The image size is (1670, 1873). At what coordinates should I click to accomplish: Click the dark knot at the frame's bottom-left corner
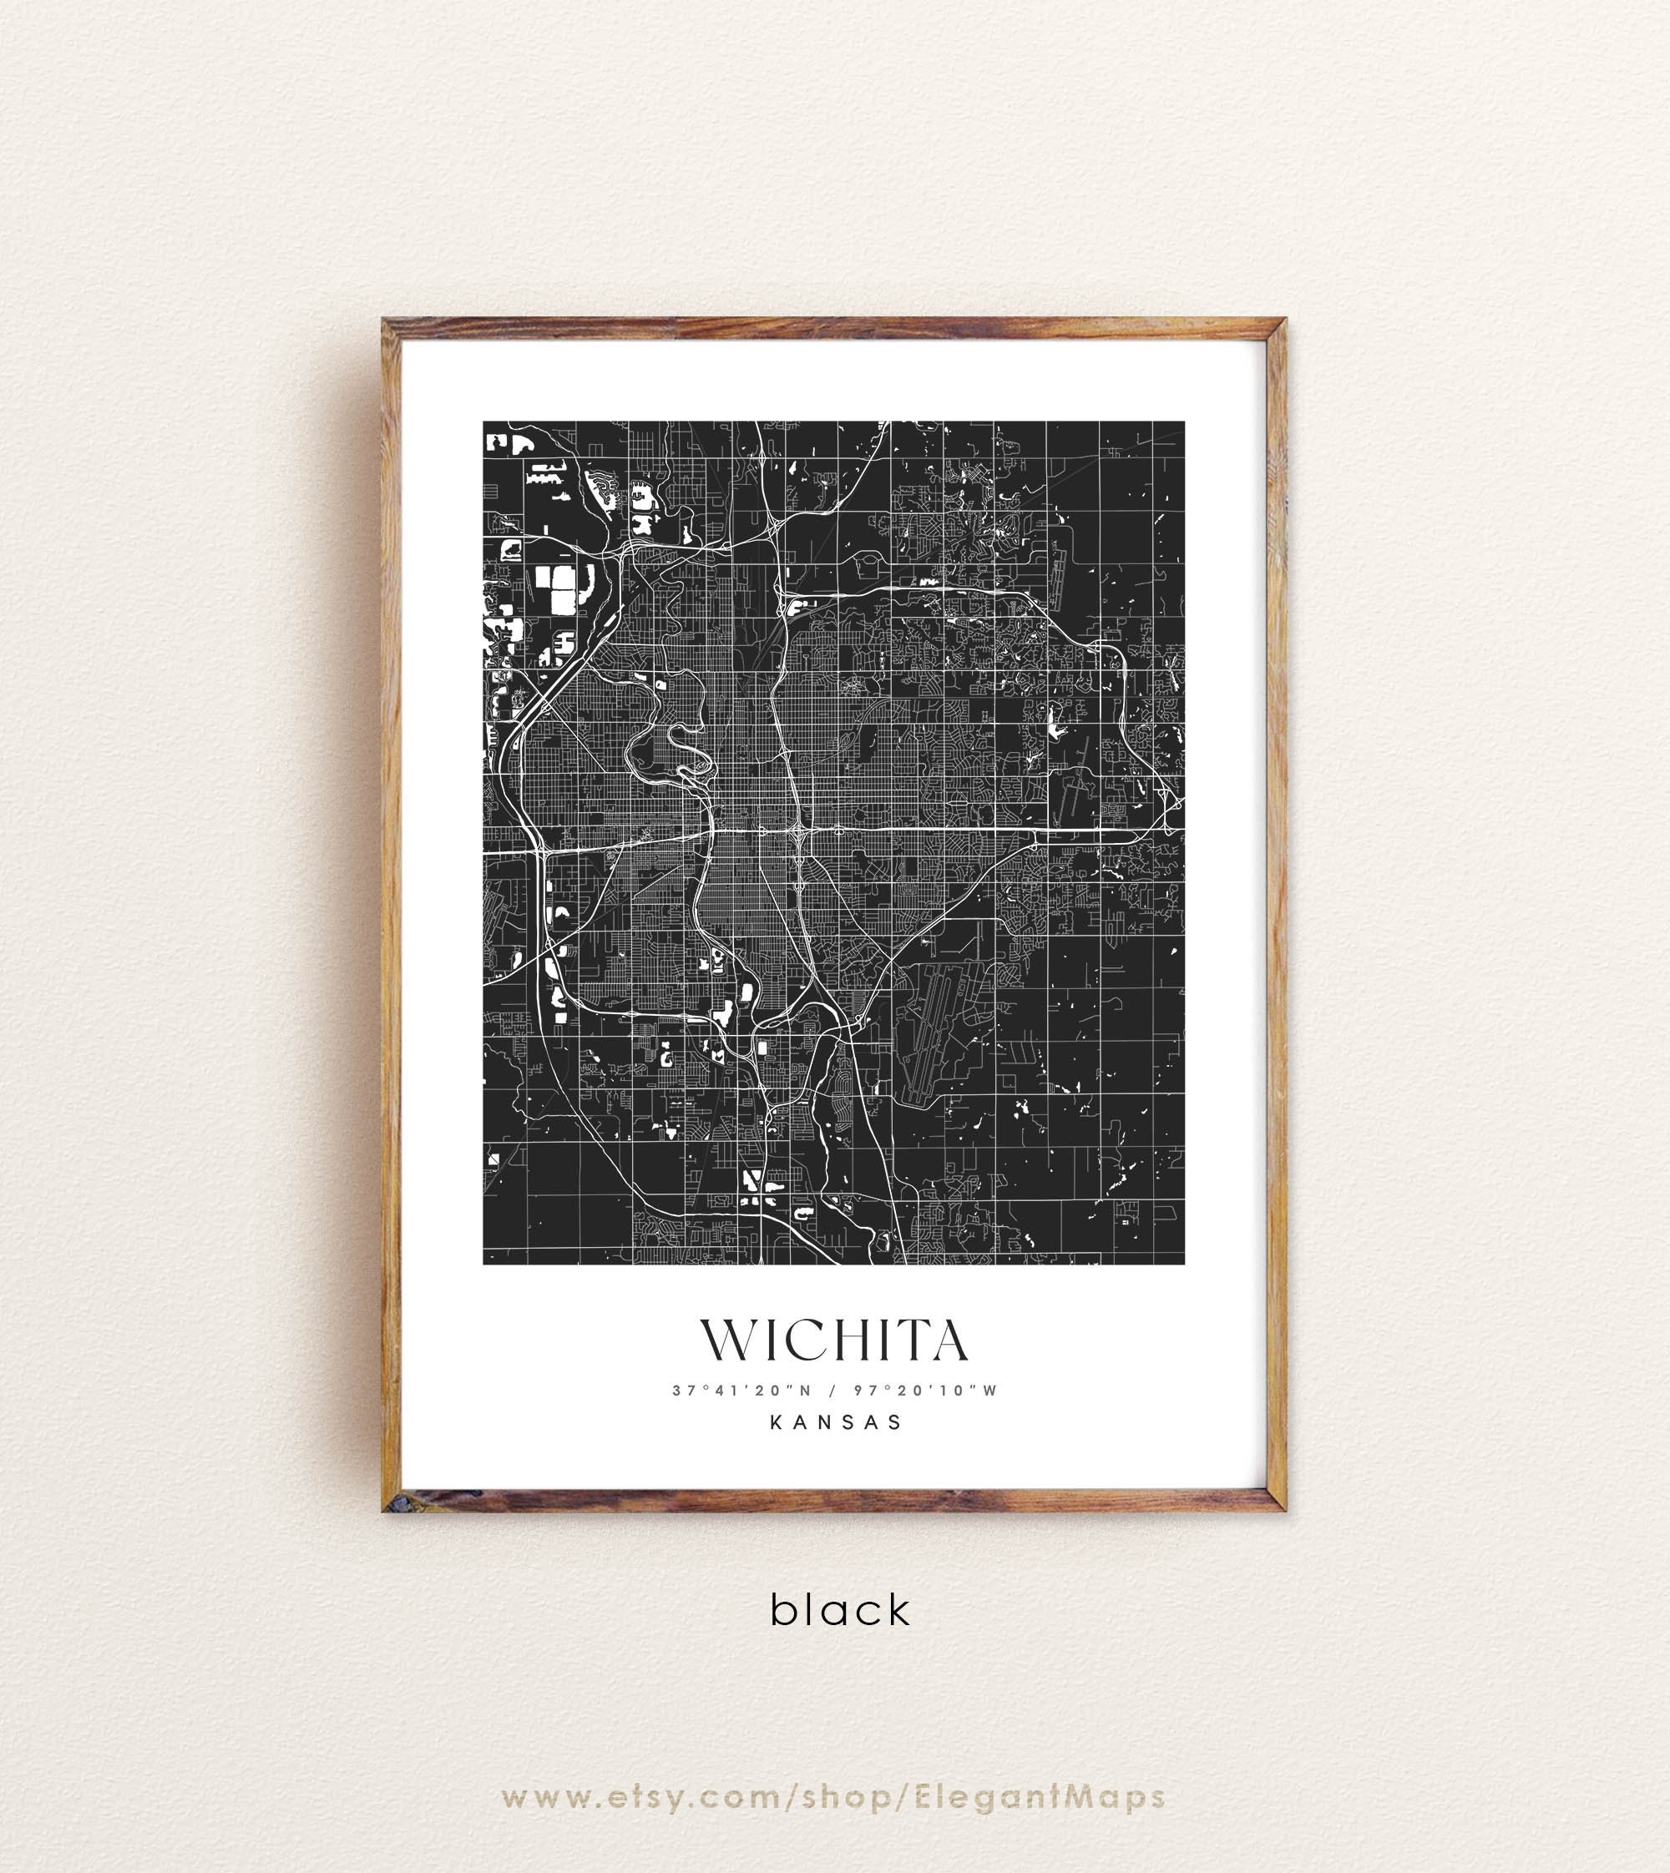pyautogui.click(x=395, y=1503)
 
